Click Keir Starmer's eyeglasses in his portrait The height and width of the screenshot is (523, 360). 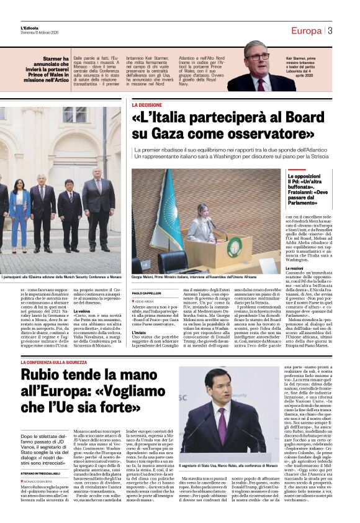click(258, 57)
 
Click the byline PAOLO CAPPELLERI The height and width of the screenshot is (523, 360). click(146, 293)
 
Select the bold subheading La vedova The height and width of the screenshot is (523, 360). click(82, 311)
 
